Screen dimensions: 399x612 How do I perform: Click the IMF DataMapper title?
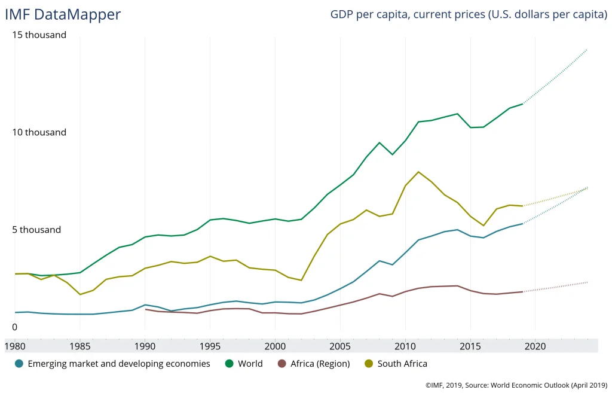coord(63,14)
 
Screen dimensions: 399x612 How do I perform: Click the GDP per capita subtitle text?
coord(469,14)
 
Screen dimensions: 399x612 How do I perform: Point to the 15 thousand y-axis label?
coord(39,35)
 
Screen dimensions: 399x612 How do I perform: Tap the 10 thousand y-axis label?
coord(39,132)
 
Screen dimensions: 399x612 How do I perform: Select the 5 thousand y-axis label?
coord(37,230)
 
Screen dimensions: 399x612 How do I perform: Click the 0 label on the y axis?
coord(15,327)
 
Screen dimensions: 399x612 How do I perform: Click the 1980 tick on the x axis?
coord(15,346)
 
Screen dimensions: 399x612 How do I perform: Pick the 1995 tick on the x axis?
coord(210,346)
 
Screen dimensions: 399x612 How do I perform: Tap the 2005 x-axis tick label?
coord(340,346)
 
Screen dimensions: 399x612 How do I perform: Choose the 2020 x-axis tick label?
coord(535,346)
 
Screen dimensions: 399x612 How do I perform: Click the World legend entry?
coord(244,363)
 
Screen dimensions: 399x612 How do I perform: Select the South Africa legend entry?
coord(396,363)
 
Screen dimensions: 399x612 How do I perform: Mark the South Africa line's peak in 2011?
coord(418,172)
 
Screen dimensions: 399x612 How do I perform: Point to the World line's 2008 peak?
coord(380,142)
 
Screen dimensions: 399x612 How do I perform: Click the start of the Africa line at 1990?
coord(145,309)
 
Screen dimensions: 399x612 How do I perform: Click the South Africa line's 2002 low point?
coord(301,280)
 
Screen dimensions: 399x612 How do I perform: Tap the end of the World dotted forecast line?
coord(587,49)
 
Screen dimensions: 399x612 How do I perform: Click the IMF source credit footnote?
coord(516,386)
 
